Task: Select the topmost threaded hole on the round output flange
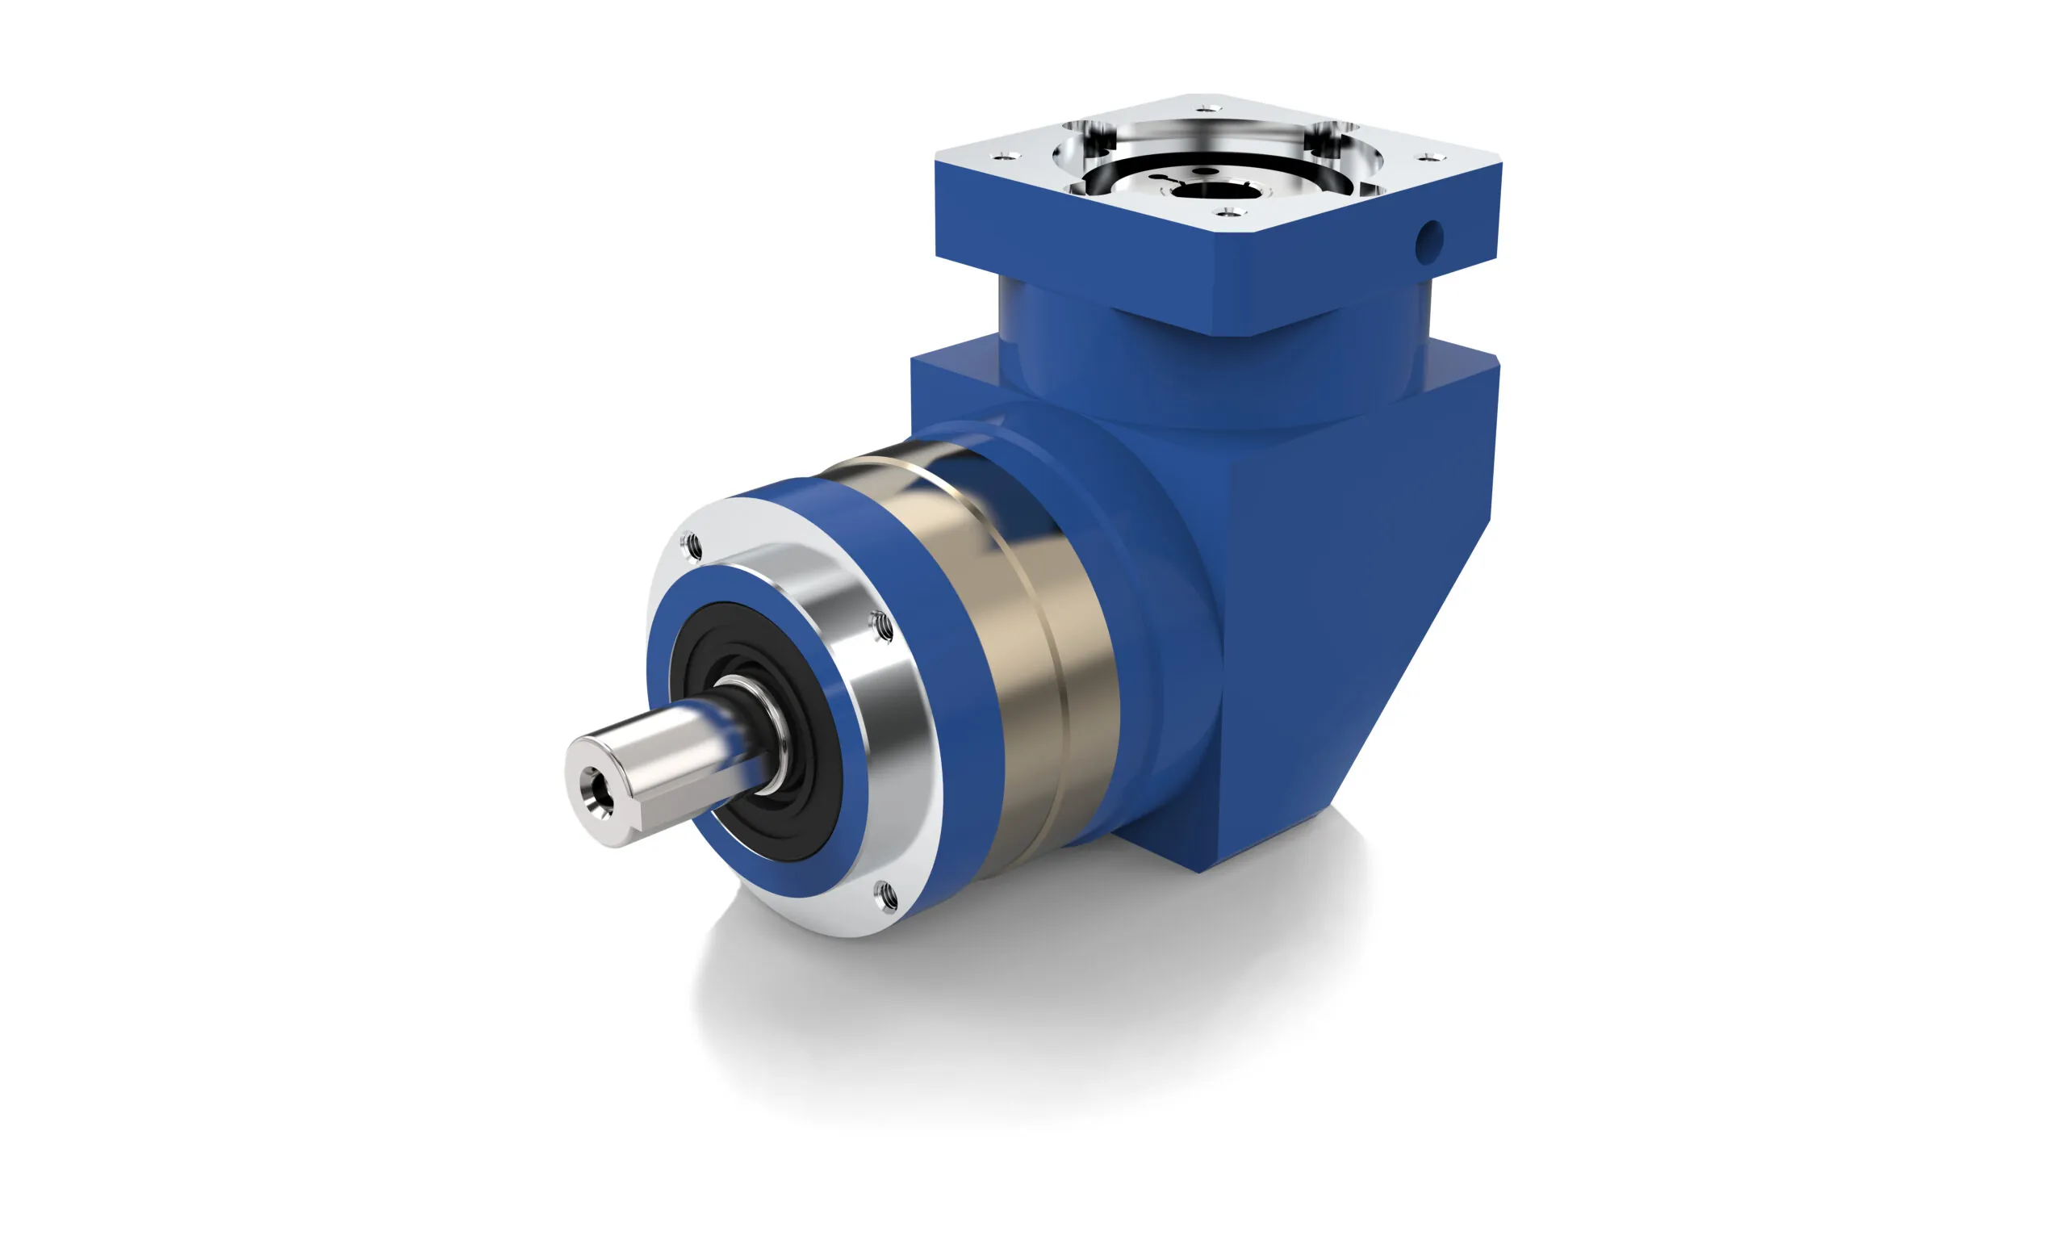(693, 547)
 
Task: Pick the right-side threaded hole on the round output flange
(881, 626)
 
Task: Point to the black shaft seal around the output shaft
(805, 805)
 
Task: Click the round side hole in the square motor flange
(1429, 241)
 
